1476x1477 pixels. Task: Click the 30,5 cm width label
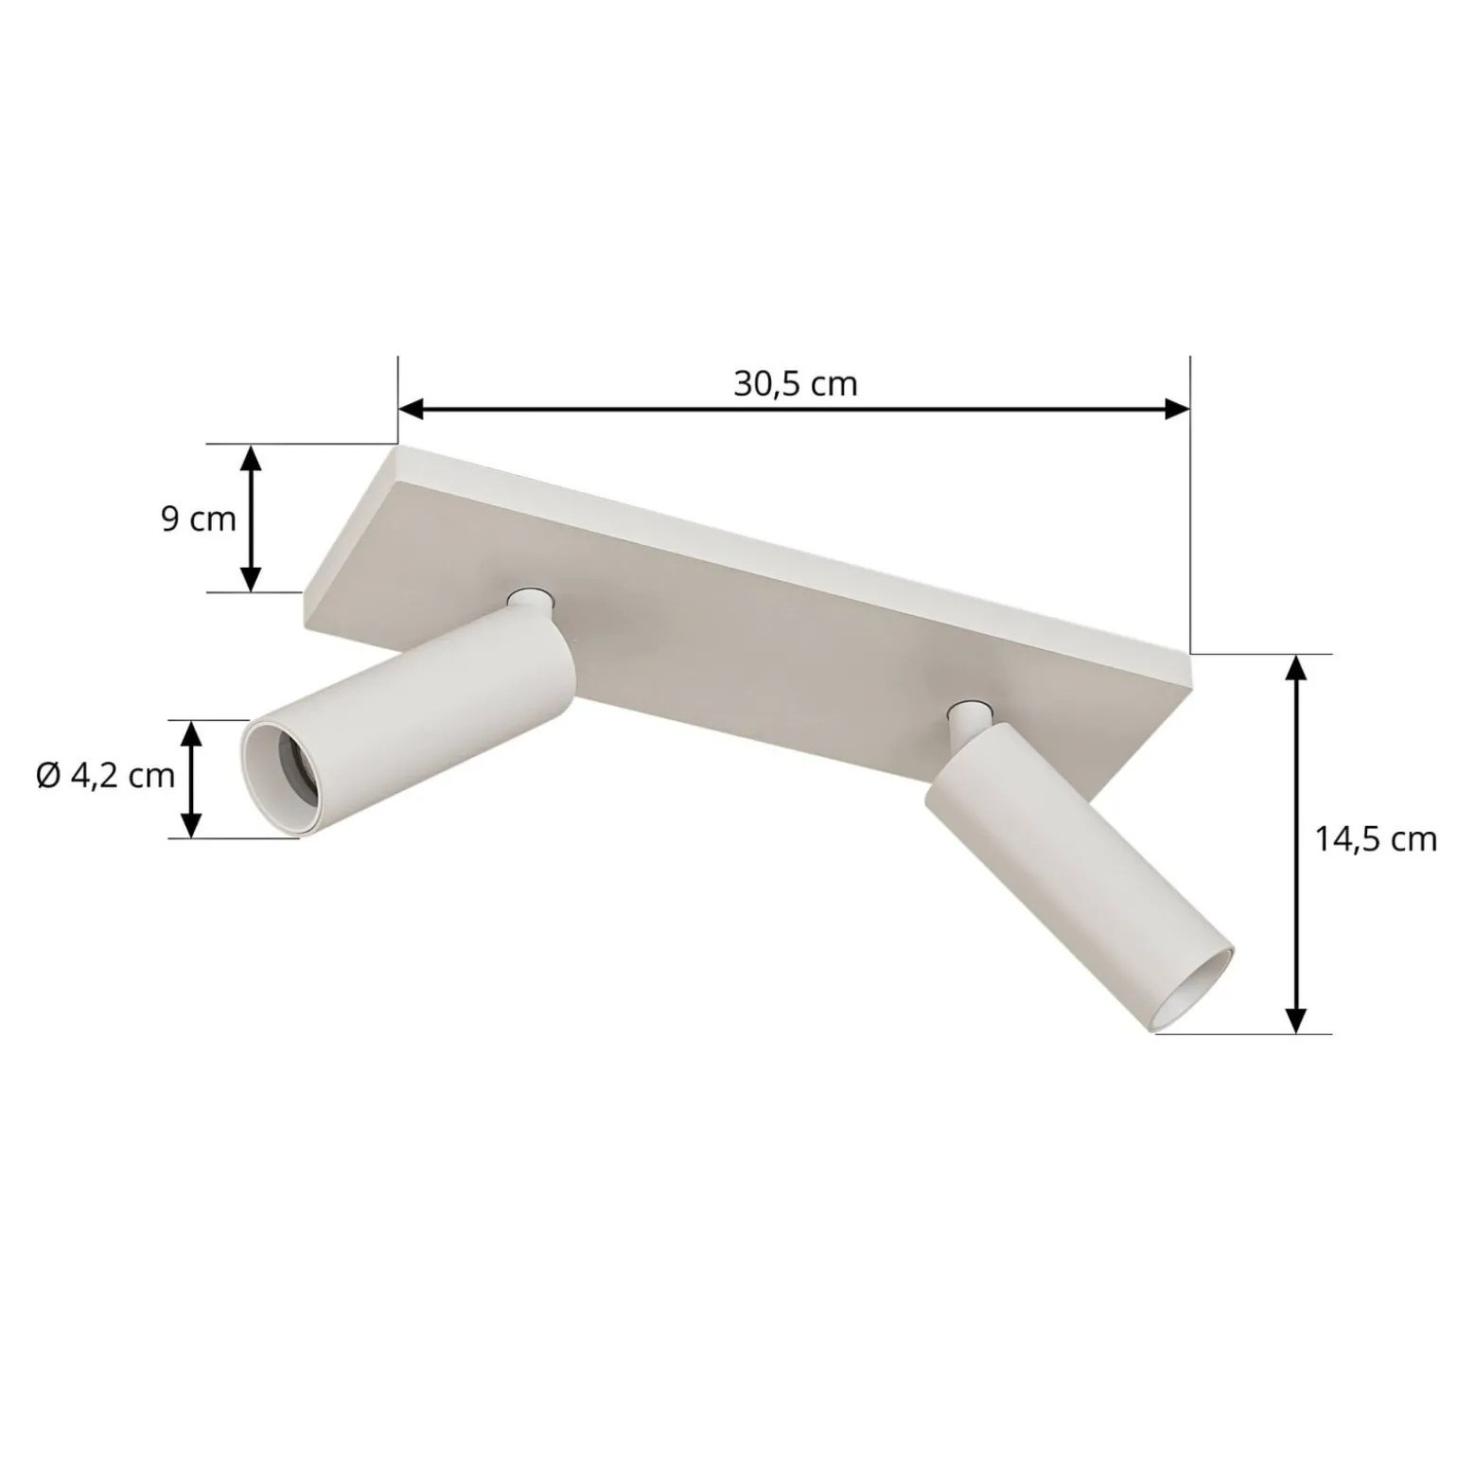pos(795,383)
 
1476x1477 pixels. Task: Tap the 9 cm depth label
pos(198,519)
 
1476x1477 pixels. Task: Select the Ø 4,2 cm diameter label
pos(106,776)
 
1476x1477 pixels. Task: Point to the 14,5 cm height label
pos(1376,839)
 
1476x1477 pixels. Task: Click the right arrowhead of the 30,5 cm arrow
pos(1177,409)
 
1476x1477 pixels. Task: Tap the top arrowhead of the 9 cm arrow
pos(250,458)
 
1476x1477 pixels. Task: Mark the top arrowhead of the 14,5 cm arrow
pos(1297,667)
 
